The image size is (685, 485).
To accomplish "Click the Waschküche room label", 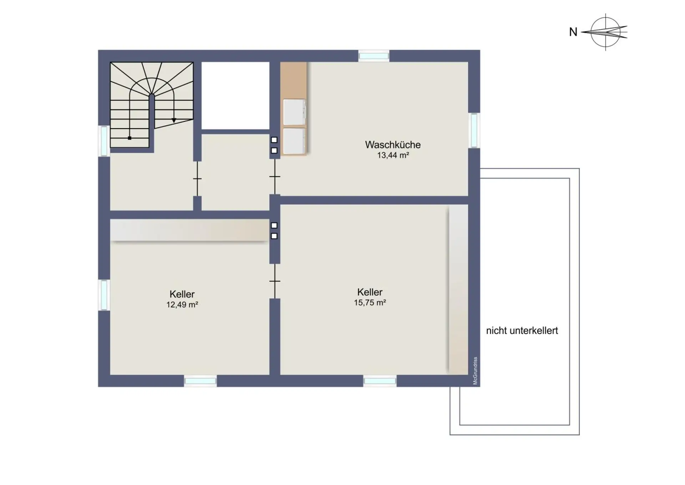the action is tap(393, 145).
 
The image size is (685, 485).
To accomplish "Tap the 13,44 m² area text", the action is tap(393, 155).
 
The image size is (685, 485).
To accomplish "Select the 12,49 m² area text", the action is tap(182, 305).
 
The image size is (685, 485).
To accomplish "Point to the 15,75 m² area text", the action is tap(370, 302).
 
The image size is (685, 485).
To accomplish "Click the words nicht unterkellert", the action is tap(522, 331).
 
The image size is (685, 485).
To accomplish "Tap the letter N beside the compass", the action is tap(573, 32).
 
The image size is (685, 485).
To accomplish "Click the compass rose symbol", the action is tap(605, 32).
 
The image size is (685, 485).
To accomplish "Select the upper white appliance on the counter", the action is tap(294, 112).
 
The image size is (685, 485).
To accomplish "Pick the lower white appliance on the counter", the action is tap(294, 141).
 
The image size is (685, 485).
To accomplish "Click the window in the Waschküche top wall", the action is tap(374, 56).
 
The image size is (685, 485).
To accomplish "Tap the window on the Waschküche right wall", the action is tap(474, 130).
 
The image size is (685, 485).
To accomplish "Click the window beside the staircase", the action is tap(104, 141).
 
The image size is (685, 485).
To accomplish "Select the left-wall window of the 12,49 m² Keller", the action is tap(104, 295).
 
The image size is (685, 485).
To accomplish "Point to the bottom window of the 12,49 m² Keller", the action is tap(201, 381).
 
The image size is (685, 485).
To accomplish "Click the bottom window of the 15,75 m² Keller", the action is tap(380, 381).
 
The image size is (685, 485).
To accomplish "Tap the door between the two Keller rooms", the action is tap(275, 281).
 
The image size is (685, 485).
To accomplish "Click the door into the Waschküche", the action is tap(275, 176).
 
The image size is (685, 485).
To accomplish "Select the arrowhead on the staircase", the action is tap(174, 121).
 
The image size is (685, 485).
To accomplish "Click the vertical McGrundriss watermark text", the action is tap(475, 371).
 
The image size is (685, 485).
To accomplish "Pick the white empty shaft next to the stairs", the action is tap(235, 95).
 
